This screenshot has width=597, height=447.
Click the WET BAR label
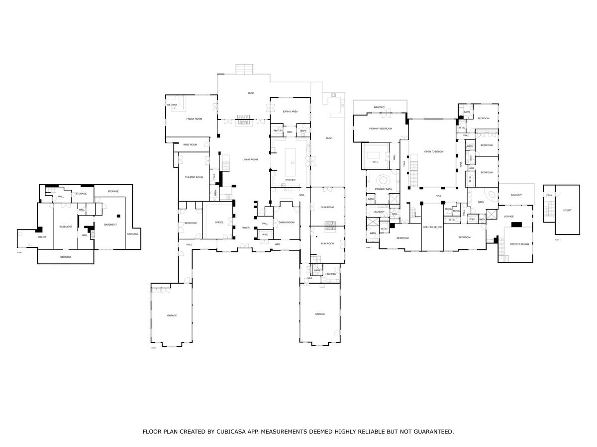172,105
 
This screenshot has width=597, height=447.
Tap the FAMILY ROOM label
194,119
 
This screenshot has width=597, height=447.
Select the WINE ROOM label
190,145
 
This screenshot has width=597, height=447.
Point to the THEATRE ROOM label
194,177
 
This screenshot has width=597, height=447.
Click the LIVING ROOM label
250,159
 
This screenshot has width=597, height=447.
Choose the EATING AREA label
290,112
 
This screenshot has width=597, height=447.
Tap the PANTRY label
278,131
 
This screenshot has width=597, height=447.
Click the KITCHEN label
290,180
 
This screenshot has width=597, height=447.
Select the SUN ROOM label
327,207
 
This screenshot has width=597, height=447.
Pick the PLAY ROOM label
327,243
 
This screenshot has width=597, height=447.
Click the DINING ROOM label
287,223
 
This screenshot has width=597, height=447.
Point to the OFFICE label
219,223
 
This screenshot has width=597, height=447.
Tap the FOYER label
245,228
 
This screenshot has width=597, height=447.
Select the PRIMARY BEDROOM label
381,129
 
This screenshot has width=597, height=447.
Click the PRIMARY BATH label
383,189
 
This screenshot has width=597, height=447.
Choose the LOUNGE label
508,217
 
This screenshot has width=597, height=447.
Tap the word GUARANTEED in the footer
431,432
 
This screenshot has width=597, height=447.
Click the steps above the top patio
244,69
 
